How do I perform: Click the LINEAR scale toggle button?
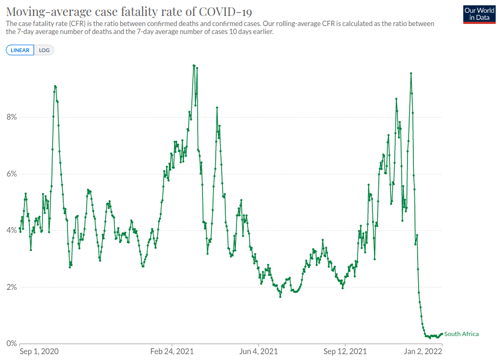pyautogui.click(x=20, y=50)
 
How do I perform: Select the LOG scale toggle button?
pyautogui.click(x=44, y=50)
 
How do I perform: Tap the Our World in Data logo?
pyautogui.click(x=479, y=14)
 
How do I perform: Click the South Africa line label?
pyautogui.click(x=461, y=334)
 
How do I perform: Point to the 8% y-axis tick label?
pyautogui.click(x=12, y=117)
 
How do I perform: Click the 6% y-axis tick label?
pyautogui.click(x=12, y=174)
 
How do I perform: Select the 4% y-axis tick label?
pyautogui.click(x=12, y=230)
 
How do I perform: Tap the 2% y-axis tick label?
pyautogui.click(x=12, y=287)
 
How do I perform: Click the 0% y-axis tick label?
pyautogui.click(x=12, y=344)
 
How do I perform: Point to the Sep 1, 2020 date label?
pyautogui.click(x=39, y=351)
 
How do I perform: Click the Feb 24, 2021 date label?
pyautogui.click(x=172, y=351)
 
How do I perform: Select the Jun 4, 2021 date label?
pyautogui.click(x=259, y=351)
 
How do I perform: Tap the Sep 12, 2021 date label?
pyautogui.click(x=345, y=351)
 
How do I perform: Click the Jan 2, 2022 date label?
pyautogui.click(x=423, y=351)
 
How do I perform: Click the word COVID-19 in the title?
pyautogui.click(x=225, y=12)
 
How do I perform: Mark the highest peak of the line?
pyautogui.click(x=193, y=65)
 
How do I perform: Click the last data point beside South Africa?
pyautogui.click(x=442, y=334)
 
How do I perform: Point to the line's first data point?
pyautogui.click(x=20, y=228)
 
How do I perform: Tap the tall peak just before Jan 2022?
pyautogui.click(x=411, y=73)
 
